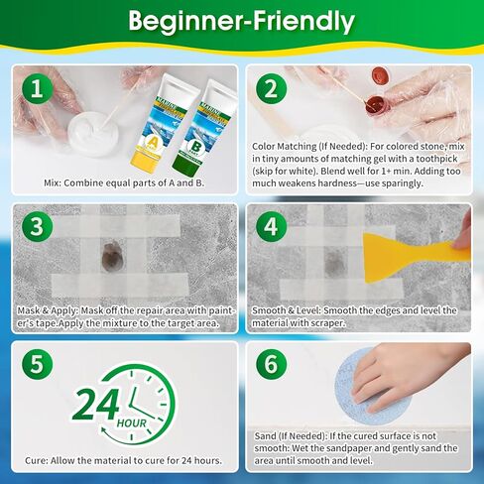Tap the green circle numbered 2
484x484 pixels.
click(x=268, y=88)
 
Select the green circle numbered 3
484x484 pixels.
click(x=37, y=226)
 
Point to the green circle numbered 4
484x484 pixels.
click(x=269, y=226)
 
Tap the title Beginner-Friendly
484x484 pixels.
click(x=242, y=22)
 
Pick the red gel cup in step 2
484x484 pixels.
click(x=373, y=103)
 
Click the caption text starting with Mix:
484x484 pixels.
click(x=124, y=182)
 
